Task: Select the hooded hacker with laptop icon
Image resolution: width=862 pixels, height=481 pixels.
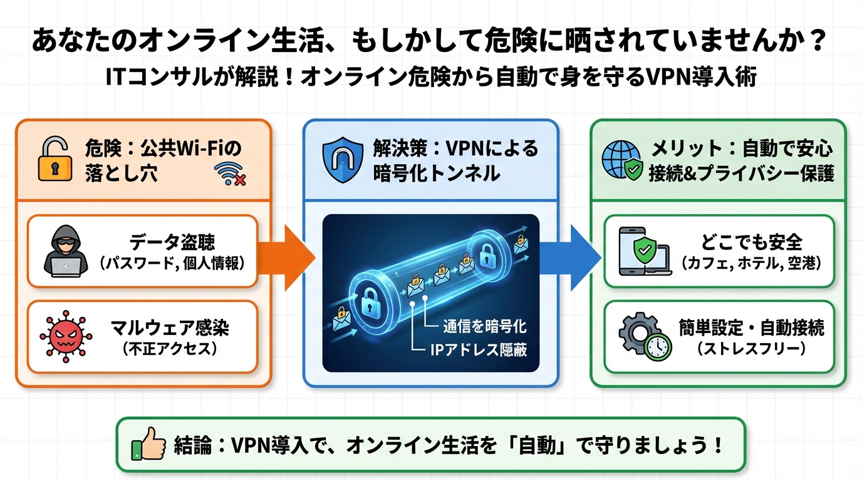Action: pos(62,252)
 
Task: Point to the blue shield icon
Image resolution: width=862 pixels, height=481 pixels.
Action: pos(342,160)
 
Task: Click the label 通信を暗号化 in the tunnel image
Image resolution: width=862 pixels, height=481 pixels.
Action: pos(485,326)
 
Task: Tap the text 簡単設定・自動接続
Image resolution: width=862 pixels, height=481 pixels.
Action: pos(751,328)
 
